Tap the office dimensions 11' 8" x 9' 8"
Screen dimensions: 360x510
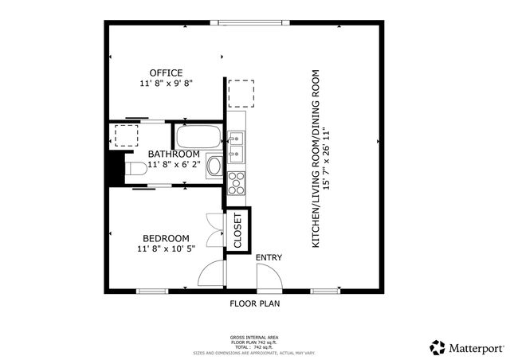coord(167,83)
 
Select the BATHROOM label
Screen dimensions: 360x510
coord(173,154)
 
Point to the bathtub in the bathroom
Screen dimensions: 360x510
coord(198,136)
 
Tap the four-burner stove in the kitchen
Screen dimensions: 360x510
coord(237,182)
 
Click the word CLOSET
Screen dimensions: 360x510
coord(237,231)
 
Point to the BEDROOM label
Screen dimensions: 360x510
coord(166,238)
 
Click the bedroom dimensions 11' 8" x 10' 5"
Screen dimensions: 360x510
coord(166,248)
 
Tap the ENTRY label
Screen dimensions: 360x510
coord(269,257)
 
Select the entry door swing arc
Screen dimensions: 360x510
coord(269,277)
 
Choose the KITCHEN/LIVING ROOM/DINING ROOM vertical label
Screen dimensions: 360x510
coord(320,158)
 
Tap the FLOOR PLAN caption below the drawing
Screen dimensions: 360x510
coord(254,303)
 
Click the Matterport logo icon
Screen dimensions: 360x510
coord(437,347)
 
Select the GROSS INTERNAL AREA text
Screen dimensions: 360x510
coord(254,338)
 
